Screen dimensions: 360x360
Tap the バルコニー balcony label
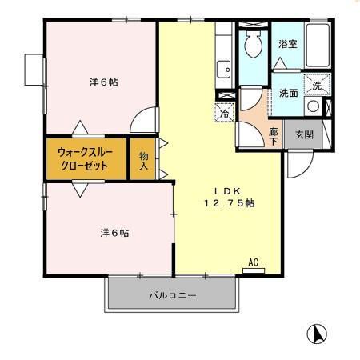coord(172,295)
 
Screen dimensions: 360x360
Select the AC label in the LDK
coord(253,262)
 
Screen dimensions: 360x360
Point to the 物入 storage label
coord(144,160)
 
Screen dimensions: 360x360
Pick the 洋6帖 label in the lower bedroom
coord(115,233)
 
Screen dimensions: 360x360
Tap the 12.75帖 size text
coord(228,203)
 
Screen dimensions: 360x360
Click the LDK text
coord(226,190)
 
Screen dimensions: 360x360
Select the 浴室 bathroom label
coord(288,44)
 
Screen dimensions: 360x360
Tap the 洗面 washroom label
coord(289,93)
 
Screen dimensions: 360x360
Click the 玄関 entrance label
coord(303,134)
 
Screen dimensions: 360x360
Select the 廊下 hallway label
coord(274,136)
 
